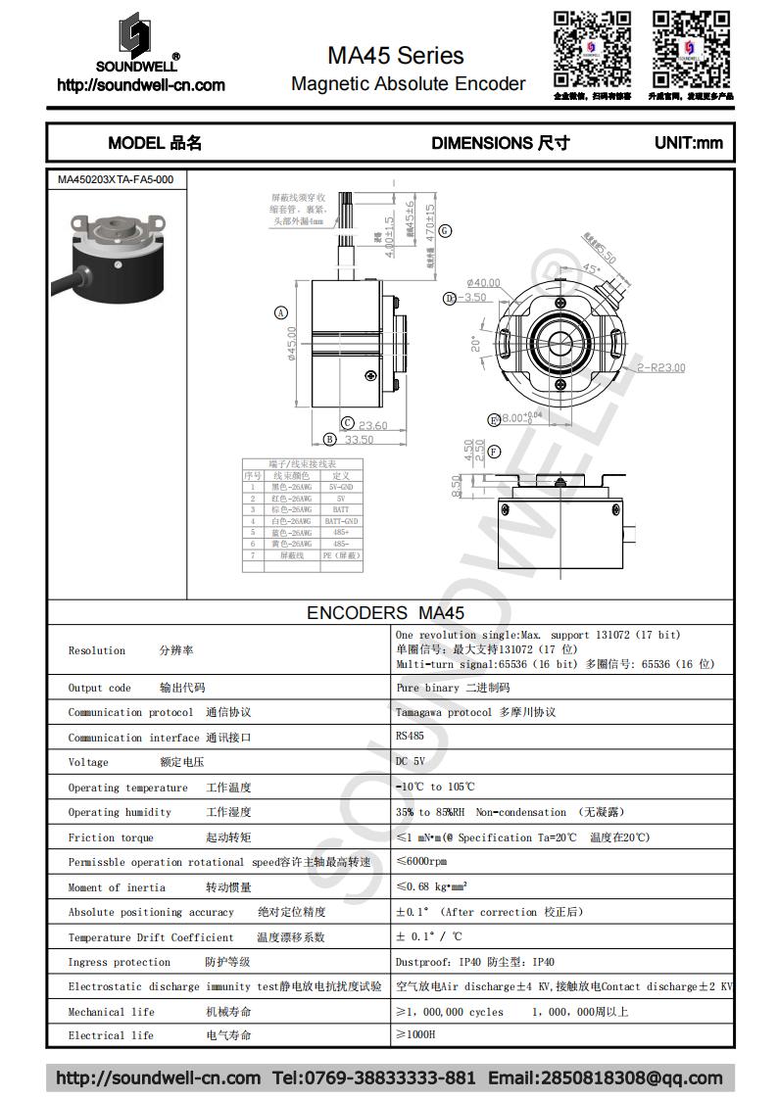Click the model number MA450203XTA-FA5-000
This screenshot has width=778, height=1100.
pos(116,180)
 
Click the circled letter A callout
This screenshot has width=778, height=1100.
pos(281,313)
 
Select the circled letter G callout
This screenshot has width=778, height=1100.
pos(445,231)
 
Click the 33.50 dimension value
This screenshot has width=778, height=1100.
pos(358,440)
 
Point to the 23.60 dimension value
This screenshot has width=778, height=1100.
pos(372,425)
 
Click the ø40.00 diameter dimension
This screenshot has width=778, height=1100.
pos(484,283)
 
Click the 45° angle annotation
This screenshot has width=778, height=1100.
pos(592,268)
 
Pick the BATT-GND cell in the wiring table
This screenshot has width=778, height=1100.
pos(341,521)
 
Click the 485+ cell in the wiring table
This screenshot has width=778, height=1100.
pos(341,532)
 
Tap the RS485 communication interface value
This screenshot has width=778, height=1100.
pos(411,737)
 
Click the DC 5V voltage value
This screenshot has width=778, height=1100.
pos(412,762)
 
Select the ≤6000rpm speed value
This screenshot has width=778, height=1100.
pos(421,862)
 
